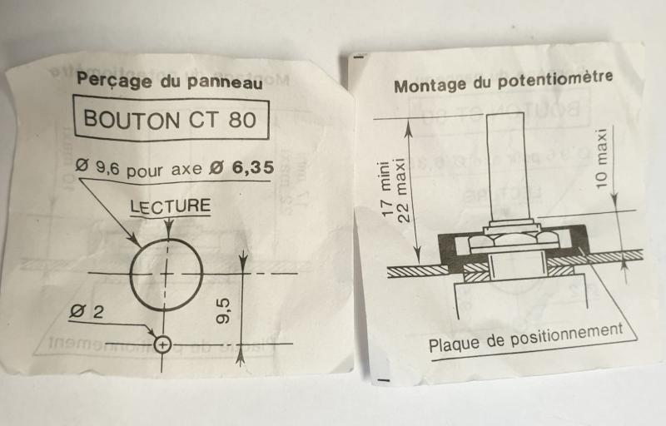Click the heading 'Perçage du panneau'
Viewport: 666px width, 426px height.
click(x=170, y=80)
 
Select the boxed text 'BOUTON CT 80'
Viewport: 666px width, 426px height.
click(x=170, y=119)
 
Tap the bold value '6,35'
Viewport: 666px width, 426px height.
click(x=253, y=168)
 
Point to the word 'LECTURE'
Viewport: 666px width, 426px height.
click(x=171, y=206)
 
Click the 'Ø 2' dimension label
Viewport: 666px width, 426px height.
click(x=87, y=312)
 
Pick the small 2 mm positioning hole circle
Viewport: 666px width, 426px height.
click(x=162, y=344)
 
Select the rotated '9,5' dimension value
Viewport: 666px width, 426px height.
click(x=223, y=310)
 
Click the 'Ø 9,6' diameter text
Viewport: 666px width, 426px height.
click(x=97, y=166)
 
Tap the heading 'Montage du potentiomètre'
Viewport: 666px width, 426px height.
click(x=504, y=81)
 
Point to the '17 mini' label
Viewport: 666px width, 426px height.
click(x=385, y=189)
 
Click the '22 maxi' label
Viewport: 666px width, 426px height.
click(x=403, y=191)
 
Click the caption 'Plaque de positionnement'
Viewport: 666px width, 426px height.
click(x=526, y=339)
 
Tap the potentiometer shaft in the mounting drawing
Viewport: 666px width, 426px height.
click(x=505, y=166)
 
